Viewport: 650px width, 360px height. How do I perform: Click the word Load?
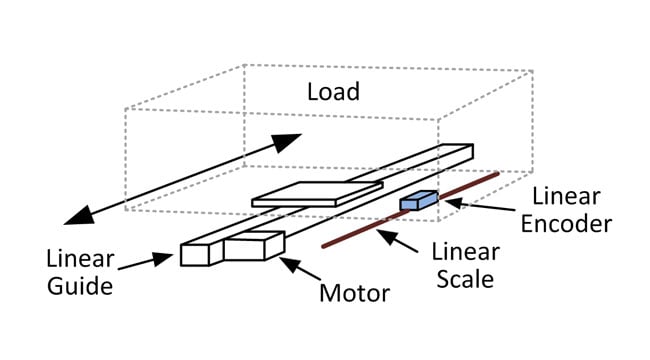(333, 94)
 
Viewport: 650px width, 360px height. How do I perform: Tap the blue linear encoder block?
(418, 201)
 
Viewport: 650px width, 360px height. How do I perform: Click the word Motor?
(353, 293)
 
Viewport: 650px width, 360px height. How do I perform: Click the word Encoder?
(570, 221)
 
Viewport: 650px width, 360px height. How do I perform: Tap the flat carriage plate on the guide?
(315, 194)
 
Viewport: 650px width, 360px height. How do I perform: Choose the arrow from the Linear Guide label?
(150, 262)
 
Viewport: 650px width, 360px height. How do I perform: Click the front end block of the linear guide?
(195, 254)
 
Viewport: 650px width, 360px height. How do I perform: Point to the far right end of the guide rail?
(461, 151)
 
